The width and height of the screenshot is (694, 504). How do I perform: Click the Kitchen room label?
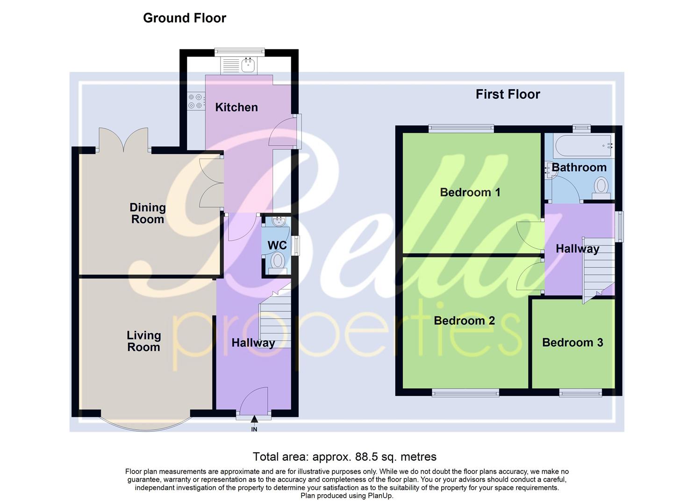click(x=236, y=107)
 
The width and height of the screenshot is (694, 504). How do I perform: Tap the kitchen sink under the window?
click(x=248, y=65)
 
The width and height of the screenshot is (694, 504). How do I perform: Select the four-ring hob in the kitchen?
click(x=196, y=102)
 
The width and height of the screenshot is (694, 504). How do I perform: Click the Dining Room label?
click(x=147, y=213)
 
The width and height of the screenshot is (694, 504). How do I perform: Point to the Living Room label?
click(x=143, y=341)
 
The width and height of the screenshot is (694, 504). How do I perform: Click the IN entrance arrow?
click(x=254, y=422)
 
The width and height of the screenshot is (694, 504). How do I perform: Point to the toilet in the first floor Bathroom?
click(x=601, y=187)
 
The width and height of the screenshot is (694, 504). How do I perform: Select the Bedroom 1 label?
click(x=470, y=192)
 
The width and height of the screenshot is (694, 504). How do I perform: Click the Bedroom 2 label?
click(x=464, y=321)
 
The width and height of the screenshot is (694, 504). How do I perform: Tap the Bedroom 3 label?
click(x=572, y=343)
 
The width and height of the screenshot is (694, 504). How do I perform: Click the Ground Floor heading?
click(x=185, y=18)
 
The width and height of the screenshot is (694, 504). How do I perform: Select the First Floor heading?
click(x=508, y=94)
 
